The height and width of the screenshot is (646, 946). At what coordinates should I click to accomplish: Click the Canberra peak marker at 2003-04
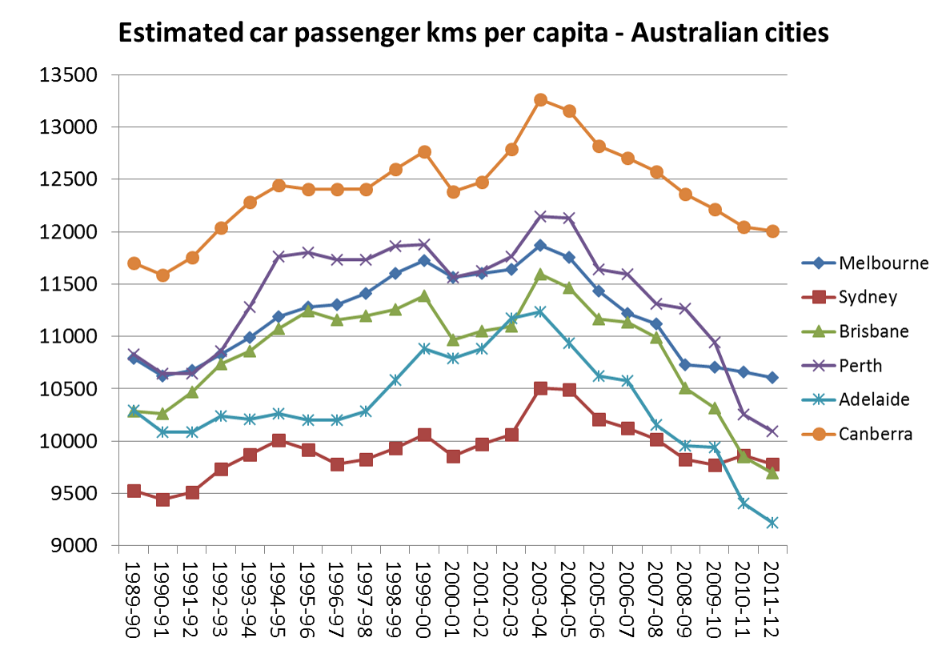point(540,100)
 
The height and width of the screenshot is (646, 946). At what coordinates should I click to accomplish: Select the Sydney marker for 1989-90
point(134,491)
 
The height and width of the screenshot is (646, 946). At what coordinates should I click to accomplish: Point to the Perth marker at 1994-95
point(279,256)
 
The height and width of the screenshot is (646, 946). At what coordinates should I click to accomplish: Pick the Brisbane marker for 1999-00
point(424,296)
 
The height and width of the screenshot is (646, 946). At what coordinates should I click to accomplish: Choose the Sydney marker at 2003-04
point(540,388)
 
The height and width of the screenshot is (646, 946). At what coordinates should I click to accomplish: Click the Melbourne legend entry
point(884,263)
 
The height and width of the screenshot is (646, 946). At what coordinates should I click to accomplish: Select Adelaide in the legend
point(874,399)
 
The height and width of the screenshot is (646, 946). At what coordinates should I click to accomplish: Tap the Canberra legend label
point(876,434)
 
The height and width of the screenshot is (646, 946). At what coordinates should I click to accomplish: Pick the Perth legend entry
point(860,366)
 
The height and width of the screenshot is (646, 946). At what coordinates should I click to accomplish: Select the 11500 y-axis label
point(74,284)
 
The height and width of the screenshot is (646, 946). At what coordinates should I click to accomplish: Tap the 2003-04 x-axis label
point(540,596)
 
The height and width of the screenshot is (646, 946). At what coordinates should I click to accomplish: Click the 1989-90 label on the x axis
point(134,596)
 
